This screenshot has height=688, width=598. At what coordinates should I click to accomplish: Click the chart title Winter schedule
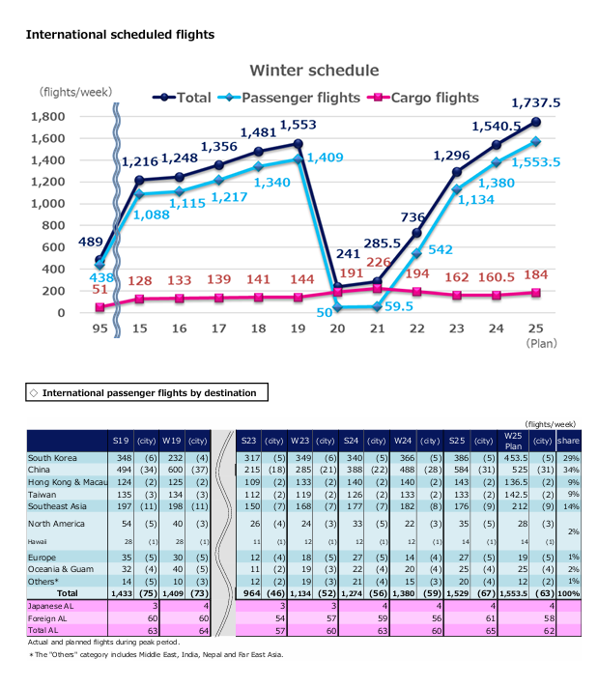(314, 71)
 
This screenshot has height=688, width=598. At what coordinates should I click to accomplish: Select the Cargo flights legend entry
(421, 98)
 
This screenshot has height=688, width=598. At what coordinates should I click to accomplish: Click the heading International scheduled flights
(120, 34)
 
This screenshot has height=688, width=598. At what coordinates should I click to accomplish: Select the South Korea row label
(54, 457)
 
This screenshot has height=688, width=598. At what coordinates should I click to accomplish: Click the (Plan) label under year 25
(536, 342)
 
